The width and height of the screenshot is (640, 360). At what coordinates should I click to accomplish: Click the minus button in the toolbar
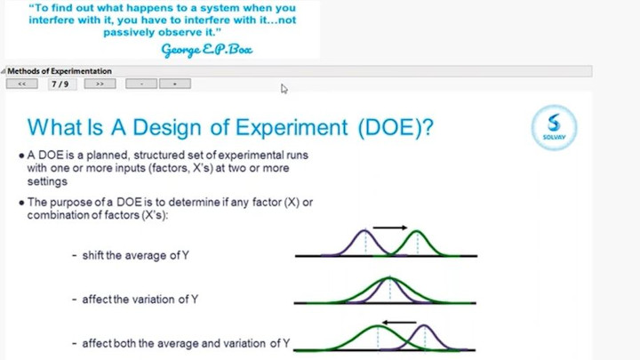tap(141, 84)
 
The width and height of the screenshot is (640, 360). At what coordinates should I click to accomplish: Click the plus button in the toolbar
tap(175, 84)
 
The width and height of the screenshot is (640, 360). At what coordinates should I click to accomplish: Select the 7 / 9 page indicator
tap(61, 84)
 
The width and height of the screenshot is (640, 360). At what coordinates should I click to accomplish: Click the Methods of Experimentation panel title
tap(60, 71)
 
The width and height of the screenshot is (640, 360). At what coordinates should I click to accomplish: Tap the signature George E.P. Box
tap(206, 48)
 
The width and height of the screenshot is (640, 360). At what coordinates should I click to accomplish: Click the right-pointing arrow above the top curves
tap(389, 228)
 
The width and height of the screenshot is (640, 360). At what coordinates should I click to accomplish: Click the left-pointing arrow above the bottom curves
tap(398, 321)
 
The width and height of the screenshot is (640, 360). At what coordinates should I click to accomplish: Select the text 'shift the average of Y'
tap(135, 255)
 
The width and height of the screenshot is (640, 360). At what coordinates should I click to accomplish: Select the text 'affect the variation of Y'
tap(140, 300)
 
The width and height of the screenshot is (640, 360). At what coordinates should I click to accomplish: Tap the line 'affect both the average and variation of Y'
tap(186, 343)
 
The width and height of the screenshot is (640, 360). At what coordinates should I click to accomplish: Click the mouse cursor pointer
tap(284, 88)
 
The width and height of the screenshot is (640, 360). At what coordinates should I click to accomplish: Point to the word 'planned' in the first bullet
tap(94, 155)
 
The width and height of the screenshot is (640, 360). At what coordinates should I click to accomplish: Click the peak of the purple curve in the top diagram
tap(364, 231)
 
